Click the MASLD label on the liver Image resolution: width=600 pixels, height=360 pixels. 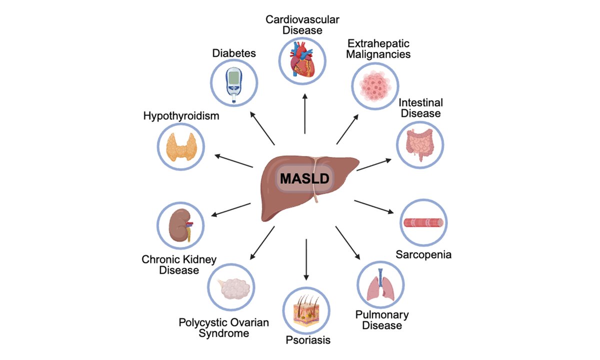(305, 178)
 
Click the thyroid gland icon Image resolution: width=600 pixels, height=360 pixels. (180, 145)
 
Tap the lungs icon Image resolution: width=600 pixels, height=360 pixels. (381, 285)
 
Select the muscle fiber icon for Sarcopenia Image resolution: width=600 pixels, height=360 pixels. (424, 223)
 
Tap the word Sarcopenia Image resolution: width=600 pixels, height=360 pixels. (423, 254)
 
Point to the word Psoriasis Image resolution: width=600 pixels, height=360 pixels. (308, 340)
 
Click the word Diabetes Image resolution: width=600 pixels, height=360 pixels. (234, 52)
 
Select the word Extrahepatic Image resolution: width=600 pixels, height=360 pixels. (379, 43)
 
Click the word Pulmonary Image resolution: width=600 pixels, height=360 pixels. (381, 315)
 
